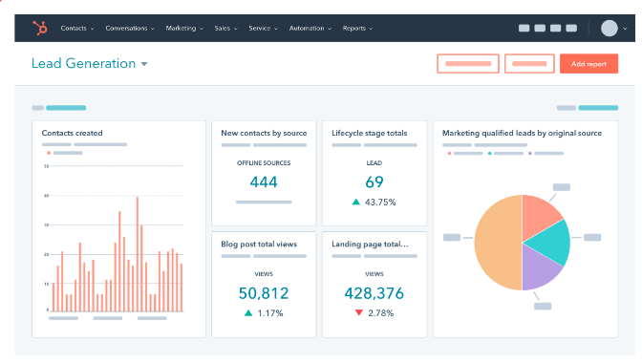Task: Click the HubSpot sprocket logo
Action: pos(39,29)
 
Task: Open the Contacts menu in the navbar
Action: pos(76,29)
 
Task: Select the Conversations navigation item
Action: pos(130,29)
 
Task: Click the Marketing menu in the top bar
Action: pos(183,29)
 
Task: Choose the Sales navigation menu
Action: pos(225,29)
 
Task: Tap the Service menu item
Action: pos(262,29)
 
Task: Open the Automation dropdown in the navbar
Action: pos(308,29)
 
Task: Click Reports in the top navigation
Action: pos(357,29)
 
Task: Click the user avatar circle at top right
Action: pos(609,28)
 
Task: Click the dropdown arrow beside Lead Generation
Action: pos(144,65)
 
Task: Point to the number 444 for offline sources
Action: pos(263,182)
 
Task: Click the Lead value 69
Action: pos(374,182)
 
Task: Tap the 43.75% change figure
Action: pos(380,203)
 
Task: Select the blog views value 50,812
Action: pos(263,293)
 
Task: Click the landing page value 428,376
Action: pos(374,293)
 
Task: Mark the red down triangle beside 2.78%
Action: pos(358,312)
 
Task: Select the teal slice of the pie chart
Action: pos(548,241)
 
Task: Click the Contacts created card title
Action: pos(73,133)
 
